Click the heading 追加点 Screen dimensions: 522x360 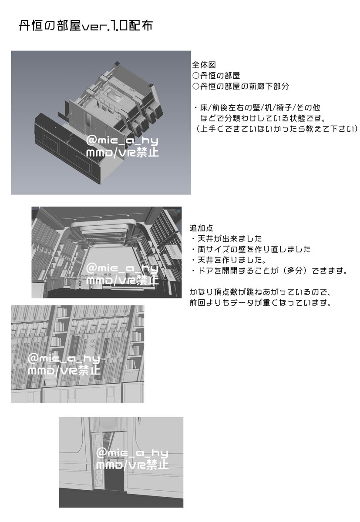pos(201,228)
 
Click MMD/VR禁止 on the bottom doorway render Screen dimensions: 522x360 pos(132,465)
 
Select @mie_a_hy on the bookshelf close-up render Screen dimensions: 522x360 pos(64,359)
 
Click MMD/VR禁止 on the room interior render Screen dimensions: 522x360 pos(122,281)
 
